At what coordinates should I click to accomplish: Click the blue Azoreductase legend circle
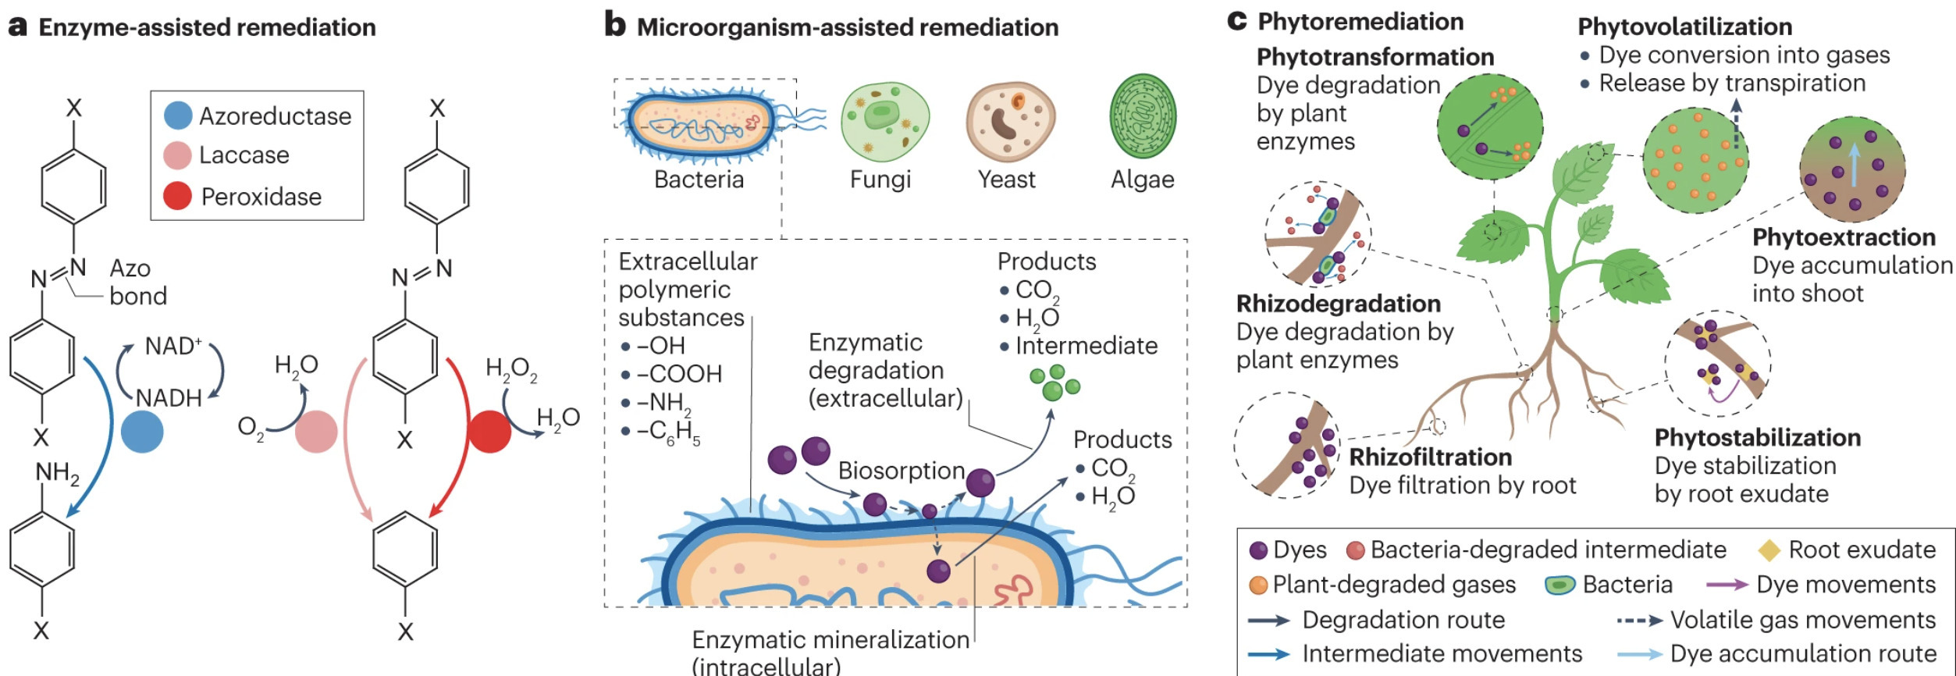(178, 116)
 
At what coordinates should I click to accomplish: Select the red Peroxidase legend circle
(178, 196)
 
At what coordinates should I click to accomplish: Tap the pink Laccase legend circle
(178, 155)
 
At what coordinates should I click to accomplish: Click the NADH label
(169, 398)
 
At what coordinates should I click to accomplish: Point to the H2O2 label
(511, 368)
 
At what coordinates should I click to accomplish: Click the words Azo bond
(137, 282)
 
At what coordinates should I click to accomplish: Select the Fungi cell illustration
(884, 122)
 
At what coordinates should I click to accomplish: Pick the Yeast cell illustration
(1010, 122)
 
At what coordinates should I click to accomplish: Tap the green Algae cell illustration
(1143, 117)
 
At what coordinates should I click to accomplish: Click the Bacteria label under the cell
(699, 180)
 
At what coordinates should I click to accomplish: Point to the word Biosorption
(902, 471)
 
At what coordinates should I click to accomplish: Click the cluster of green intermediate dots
(1054, 382)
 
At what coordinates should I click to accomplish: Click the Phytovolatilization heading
(1684, 27)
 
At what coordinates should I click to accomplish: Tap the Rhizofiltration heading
(1430, 457)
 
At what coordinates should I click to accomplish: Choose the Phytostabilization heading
(1757, 437)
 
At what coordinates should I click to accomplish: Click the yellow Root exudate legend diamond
(1768, 550)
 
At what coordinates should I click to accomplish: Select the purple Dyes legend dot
(1258, 550)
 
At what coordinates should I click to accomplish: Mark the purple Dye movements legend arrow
(1727, 585)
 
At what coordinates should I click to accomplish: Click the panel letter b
(615, 25)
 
